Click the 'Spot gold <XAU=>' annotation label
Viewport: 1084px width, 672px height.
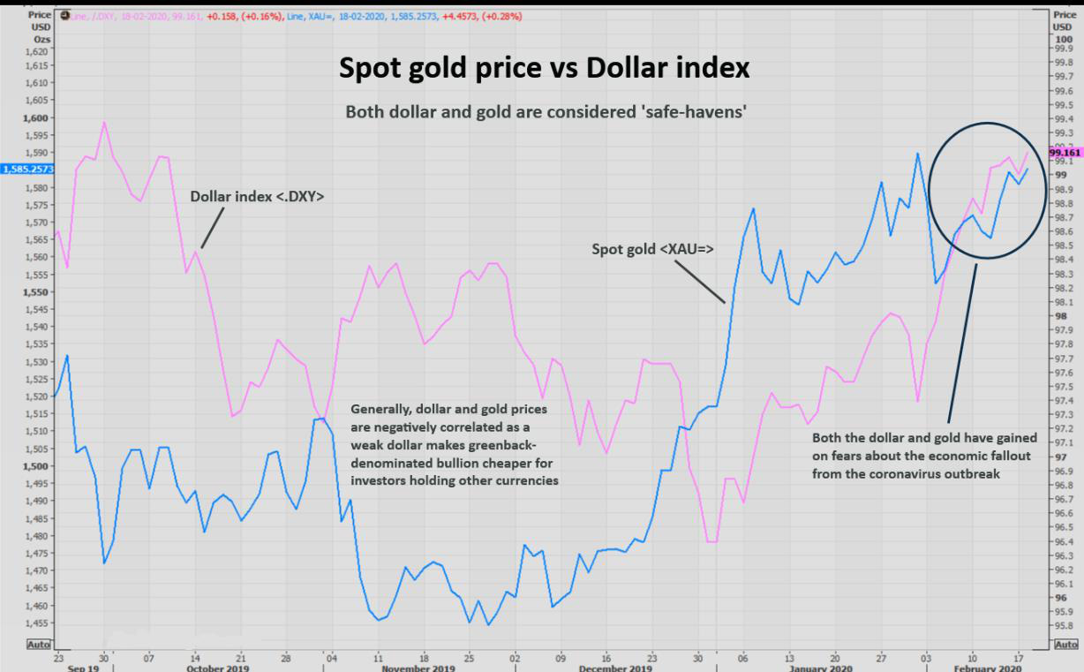652,250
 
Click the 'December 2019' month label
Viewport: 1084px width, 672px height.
616,668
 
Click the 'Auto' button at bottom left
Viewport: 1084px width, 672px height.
39,645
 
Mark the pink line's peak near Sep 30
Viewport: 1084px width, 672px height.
104,122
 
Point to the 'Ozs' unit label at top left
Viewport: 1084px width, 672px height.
41,40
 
